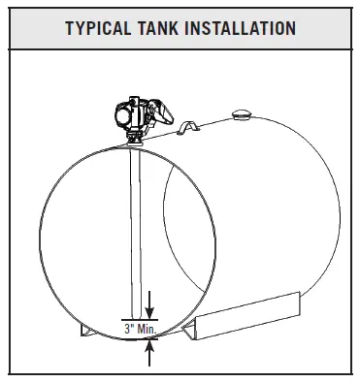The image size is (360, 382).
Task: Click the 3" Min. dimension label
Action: pos(141,329)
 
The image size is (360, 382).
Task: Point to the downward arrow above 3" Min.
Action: pos(148,309)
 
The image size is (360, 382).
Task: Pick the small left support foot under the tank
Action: pos(86,329)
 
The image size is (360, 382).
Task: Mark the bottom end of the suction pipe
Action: pos(133,316)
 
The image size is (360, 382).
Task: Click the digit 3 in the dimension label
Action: pos(127,329)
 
